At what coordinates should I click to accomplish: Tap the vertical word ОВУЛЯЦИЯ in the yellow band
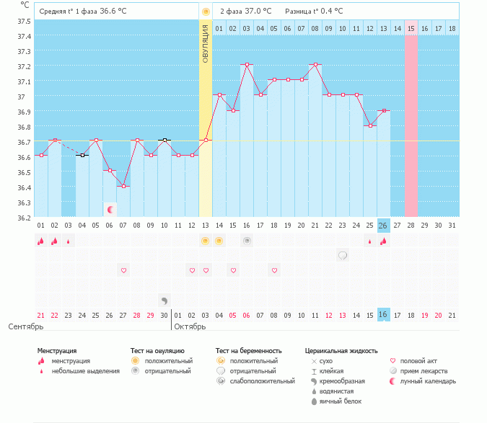(x=206, y=44)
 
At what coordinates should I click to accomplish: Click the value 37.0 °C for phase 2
(x=257, y=11)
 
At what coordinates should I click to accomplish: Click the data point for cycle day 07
(x=123, y=187)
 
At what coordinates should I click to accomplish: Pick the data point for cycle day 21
(x=315, y=64)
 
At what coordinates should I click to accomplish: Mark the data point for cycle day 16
(x=247, y=64)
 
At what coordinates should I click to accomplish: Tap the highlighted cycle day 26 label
(x=383, y=226)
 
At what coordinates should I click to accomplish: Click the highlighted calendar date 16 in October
(x=383, y=315)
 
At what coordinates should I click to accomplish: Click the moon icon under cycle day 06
(x=110, y=210)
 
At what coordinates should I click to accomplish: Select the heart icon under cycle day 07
(x=123, y=270)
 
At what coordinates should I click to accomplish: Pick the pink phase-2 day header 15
(x=411, y=28)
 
